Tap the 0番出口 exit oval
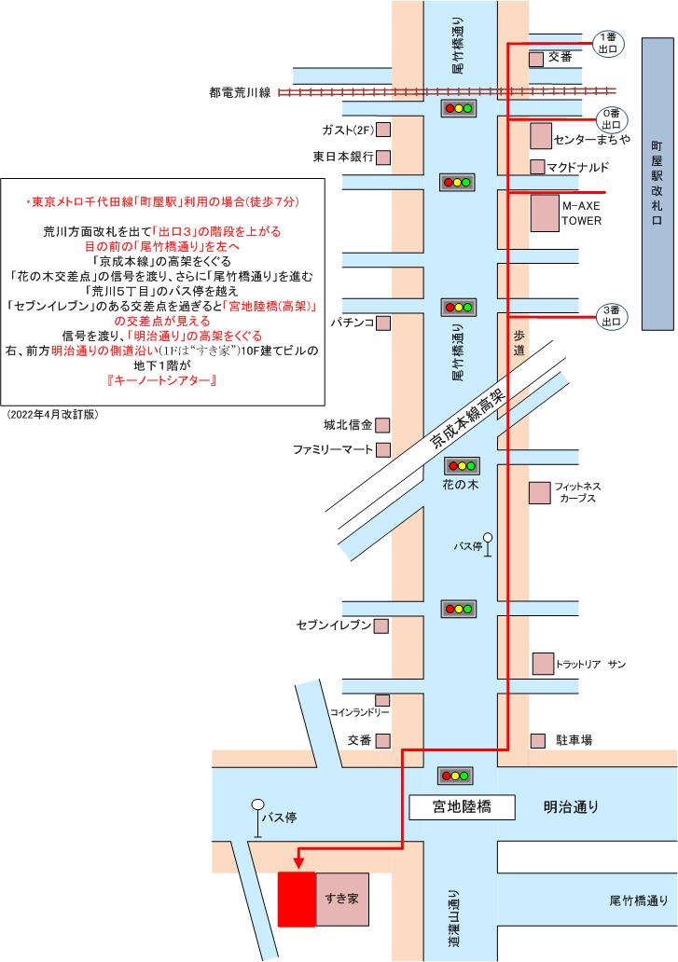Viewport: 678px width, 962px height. [611, 118]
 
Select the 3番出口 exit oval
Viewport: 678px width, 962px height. [611, 316]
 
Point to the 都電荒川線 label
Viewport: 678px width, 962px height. [240, 92]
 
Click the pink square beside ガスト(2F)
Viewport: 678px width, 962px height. [382, 130]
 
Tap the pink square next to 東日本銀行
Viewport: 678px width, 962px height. [382, 157]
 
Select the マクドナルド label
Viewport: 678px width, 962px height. [578, 167]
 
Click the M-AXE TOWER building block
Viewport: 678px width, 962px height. [544, 213]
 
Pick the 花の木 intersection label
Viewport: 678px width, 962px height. [461, 485]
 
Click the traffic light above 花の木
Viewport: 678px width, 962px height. [461, 465]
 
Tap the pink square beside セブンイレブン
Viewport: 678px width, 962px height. [381, 625]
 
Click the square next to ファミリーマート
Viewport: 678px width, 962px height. [382, 450]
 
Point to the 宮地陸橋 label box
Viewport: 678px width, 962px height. [462, 806]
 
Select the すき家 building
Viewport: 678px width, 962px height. [341, 900]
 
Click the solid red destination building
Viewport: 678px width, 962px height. [297, 900]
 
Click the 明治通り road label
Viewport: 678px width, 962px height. [572, 806]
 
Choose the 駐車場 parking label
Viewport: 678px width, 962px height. [574, 740]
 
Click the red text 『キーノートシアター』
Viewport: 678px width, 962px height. [162, 381]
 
